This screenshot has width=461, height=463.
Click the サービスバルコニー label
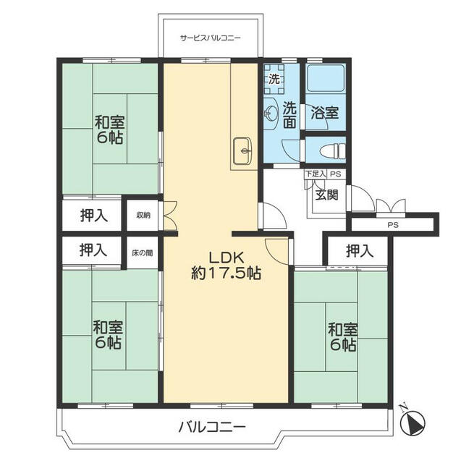coord(211,38)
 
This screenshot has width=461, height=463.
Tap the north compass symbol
coord(413,420)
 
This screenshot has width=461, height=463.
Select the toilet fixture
coord(333,151)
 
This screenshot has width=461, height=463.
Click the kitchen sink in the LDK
coord(242,151)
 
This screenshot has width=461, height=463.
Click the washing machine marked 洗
coord(274,79)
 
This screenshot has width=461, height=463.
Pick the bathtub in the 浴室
coord(326,78)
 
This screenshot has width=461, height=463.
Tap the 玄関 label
coord(326,195)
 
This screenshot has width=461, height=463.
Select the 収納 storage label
coord(143,215)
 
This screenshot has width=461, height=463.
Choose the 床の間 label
coord(143,253)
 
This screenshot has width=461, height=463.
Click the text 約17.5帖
coord(226,273)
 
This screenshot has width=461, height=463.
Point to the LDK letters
coord(226,258)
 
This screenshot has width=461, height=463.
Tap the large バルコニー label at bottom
coord(212,427)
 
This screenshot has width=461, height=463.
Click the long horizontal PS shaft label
coord(393,225)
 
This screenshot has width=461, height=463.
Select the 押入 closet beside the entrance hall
coord(360,251)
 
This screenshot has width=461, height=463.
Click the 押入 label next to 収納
coord(94,216)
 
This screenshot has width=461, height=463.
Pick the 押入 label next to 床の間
coord(93,250)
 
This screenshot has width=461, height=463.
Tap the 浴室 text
coord(324,113)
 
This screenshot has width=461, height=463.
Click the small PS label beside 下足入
coord(336,174)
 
